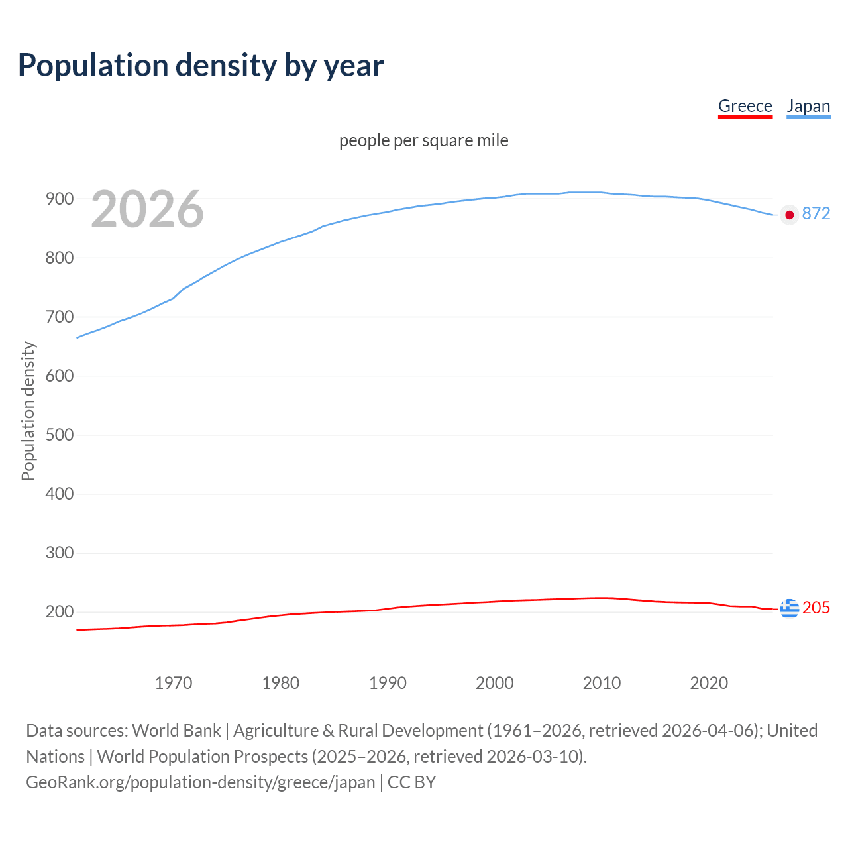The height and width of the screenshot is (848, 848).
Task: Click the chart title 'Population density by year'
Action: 201,65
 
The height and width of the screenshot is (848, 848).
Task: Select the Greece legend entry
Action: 745,106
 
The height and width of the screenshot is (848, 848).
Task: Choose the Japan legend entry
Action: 808,106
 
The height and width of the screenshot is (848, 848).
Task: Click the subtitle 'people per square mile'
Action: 423,140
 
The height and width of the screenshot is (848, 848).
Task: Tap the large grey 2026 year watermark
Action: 147,209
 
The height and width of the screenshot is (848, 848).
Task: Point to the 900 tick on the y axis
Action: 59,199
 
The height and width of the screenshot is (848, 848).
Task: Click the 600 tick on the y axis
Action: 59,376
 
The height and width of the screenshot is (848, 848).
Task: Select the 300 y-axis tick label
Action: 59,553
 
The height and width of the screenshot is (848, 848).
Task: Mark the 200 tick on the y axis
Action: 59,611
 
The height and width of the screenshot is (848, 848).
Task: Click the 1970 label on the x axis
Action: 174,682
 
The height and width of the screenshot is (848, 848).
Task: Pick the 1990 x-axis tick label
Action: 388,682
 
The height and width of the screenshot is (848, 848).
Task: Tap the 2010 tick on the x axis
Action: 602,682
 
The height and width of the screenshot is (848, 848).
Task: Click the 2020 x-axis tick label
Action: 709,682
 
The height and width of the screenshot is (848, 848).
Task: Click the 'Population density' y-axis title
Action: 28,411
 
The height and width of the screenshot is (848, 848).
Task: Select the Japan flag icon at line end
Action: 789,215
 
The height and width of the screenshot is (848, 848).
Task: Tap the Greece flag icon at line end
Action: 789,608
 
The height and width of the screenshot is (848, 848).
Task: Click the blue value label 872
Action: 816,213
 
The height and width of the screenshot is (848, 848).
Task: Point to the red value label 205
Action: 816,608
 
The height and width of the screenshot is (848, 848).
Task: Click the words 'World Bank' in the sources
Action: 176,730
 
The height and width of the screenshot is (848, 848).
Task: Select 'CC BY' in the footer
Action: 411,782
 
